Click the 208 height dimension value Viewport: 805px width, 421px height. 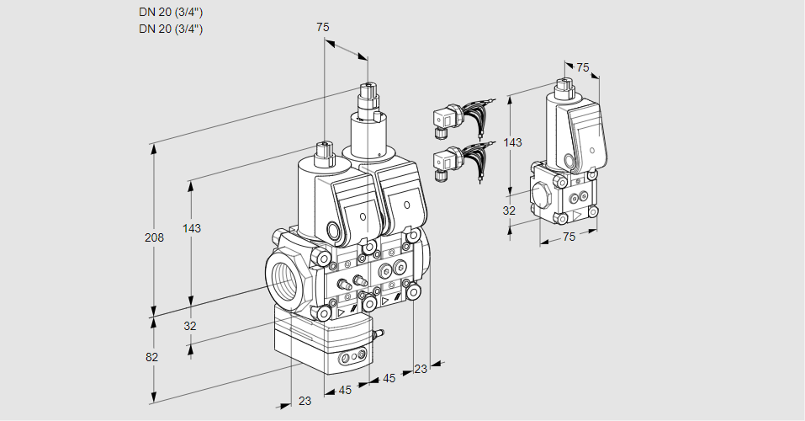coord(154,237)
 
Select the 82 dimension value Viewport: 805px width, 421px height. coord(151,357)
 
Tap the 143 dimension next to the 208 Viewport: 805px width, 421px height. coord(192,228)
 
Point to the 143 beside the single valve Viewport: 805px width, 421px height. coord(512,142)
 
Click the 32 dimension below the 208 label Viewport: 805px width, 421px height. coord(190,326)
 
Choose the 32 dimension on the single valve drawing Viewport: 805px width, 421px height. coord(509,210)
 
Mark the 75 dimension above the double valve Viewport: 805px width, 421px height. coord(322,27)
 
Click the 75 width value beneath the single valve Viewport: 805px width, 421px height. coord(569,237)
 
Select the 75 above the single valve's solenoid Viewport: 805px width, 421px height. coord(583,67)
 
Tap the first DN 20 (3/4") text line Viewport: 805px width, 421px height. coord(171,13)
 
